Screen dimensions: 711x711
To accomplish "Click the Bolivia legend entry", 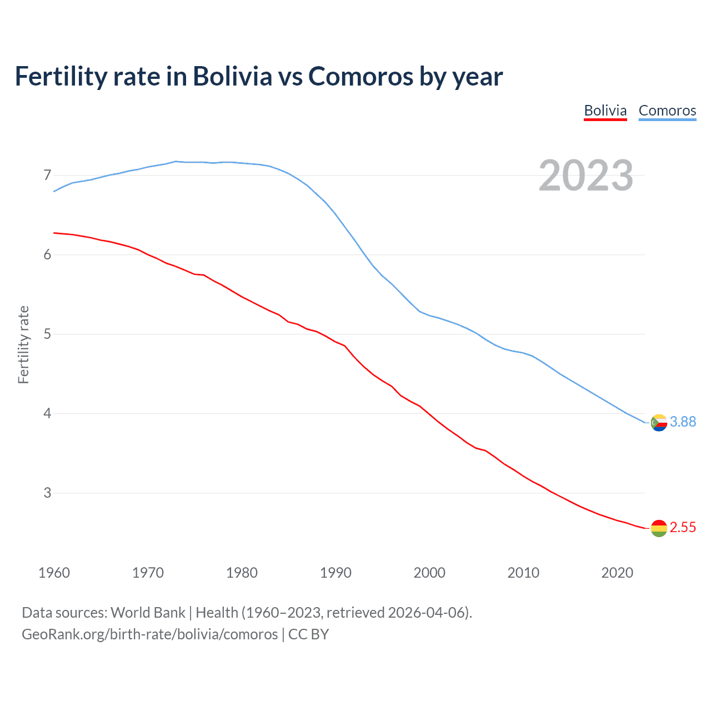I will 605,111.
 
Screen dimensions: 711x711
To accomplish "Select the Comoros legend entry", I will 667,111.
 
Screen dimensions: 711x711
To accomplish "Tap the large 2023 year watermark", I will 585,176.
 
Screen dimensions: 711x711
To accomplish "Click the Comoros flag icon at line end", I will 658,423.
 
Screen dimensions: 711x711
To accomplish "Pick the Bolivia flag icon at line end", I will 658,528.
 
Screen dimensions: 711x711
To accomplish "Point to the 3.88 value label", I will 683,422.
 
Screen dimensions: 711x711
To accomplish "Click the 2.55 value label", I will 683,528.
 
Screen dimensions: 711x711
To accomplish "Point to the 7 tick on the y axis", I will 47,176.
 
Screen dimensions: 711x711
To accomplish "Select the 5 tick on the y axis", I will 47,334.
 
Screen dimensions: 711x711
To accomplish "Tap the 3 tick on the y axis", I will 47,493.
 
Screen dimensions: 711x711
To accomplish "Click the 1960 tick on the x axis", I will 54,573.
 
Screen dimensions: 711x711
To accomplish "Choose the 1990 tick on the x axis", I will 336,573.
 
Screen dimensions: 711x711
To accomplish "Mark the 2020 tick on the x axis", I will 617,573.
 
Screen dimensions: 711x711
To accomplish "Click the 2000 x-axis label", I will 429,573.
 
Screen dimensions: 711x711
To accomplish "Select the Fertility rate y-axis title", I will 23,344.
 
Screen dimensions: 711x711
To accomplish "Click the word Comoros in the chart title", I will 360,77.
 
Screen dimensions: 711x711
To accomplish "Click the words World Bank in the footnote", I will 148,613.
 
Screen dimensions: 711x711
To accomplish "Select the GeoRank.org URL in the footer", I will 149,634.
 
